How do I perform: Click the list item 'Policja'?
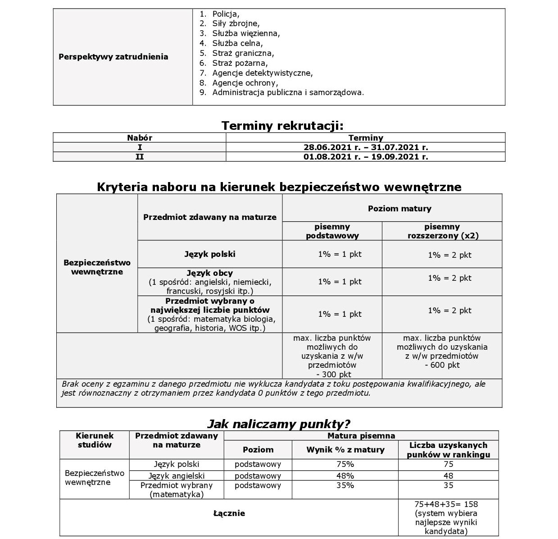pyautogui.click(x=226, y=14)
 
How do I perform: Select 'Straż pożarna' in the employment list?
pyautogui.click(x=240, y=63)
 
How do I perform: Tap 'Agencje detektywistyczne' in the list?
pyautogui.click(x=262, y=73)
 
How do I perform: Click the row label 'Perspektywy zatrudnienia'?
pyautogui.click(x=113, y=57)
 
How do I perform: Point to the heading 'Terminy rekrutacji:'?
pyautogui.click(x=282, y=126)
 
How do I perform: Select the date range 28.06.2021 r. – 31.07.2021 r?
pyautogui.click(x=366, y=147)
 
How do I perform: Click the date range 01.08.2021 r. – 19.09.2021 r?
pyautogui.click(x=366, y=157)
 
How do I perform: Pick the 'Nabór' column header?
pyautogui.click(x=140, y=138)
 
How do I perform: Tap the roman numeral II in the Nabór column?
pyautogui.click(x=140, y=157)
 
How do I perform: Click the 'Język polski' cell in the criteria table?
pyautogui.click(x=210, y=254)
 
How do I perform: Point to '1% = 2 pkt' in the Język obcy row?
pyautogui.click(x=449, y=279)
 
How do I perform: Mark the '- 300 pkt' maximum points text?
pyautogui.click(x=333, y=375)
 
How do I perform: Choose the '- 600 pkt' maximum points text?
pyautogui.click(x=442, y=365)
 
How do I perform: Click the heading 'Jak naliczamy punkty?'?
pyautogui.click(x=278, y=424)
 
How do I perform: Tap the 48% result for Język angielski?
pyautogui.click(x=345, y=476)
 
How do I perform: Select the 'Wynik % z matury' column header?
pyautogui.click(x=345, y=450)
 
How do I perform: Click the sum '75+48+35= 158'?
pyautogui.click(x=446, y=504)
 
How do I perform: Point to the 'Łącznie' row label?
pyautogui.click(x=229, y=513)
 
